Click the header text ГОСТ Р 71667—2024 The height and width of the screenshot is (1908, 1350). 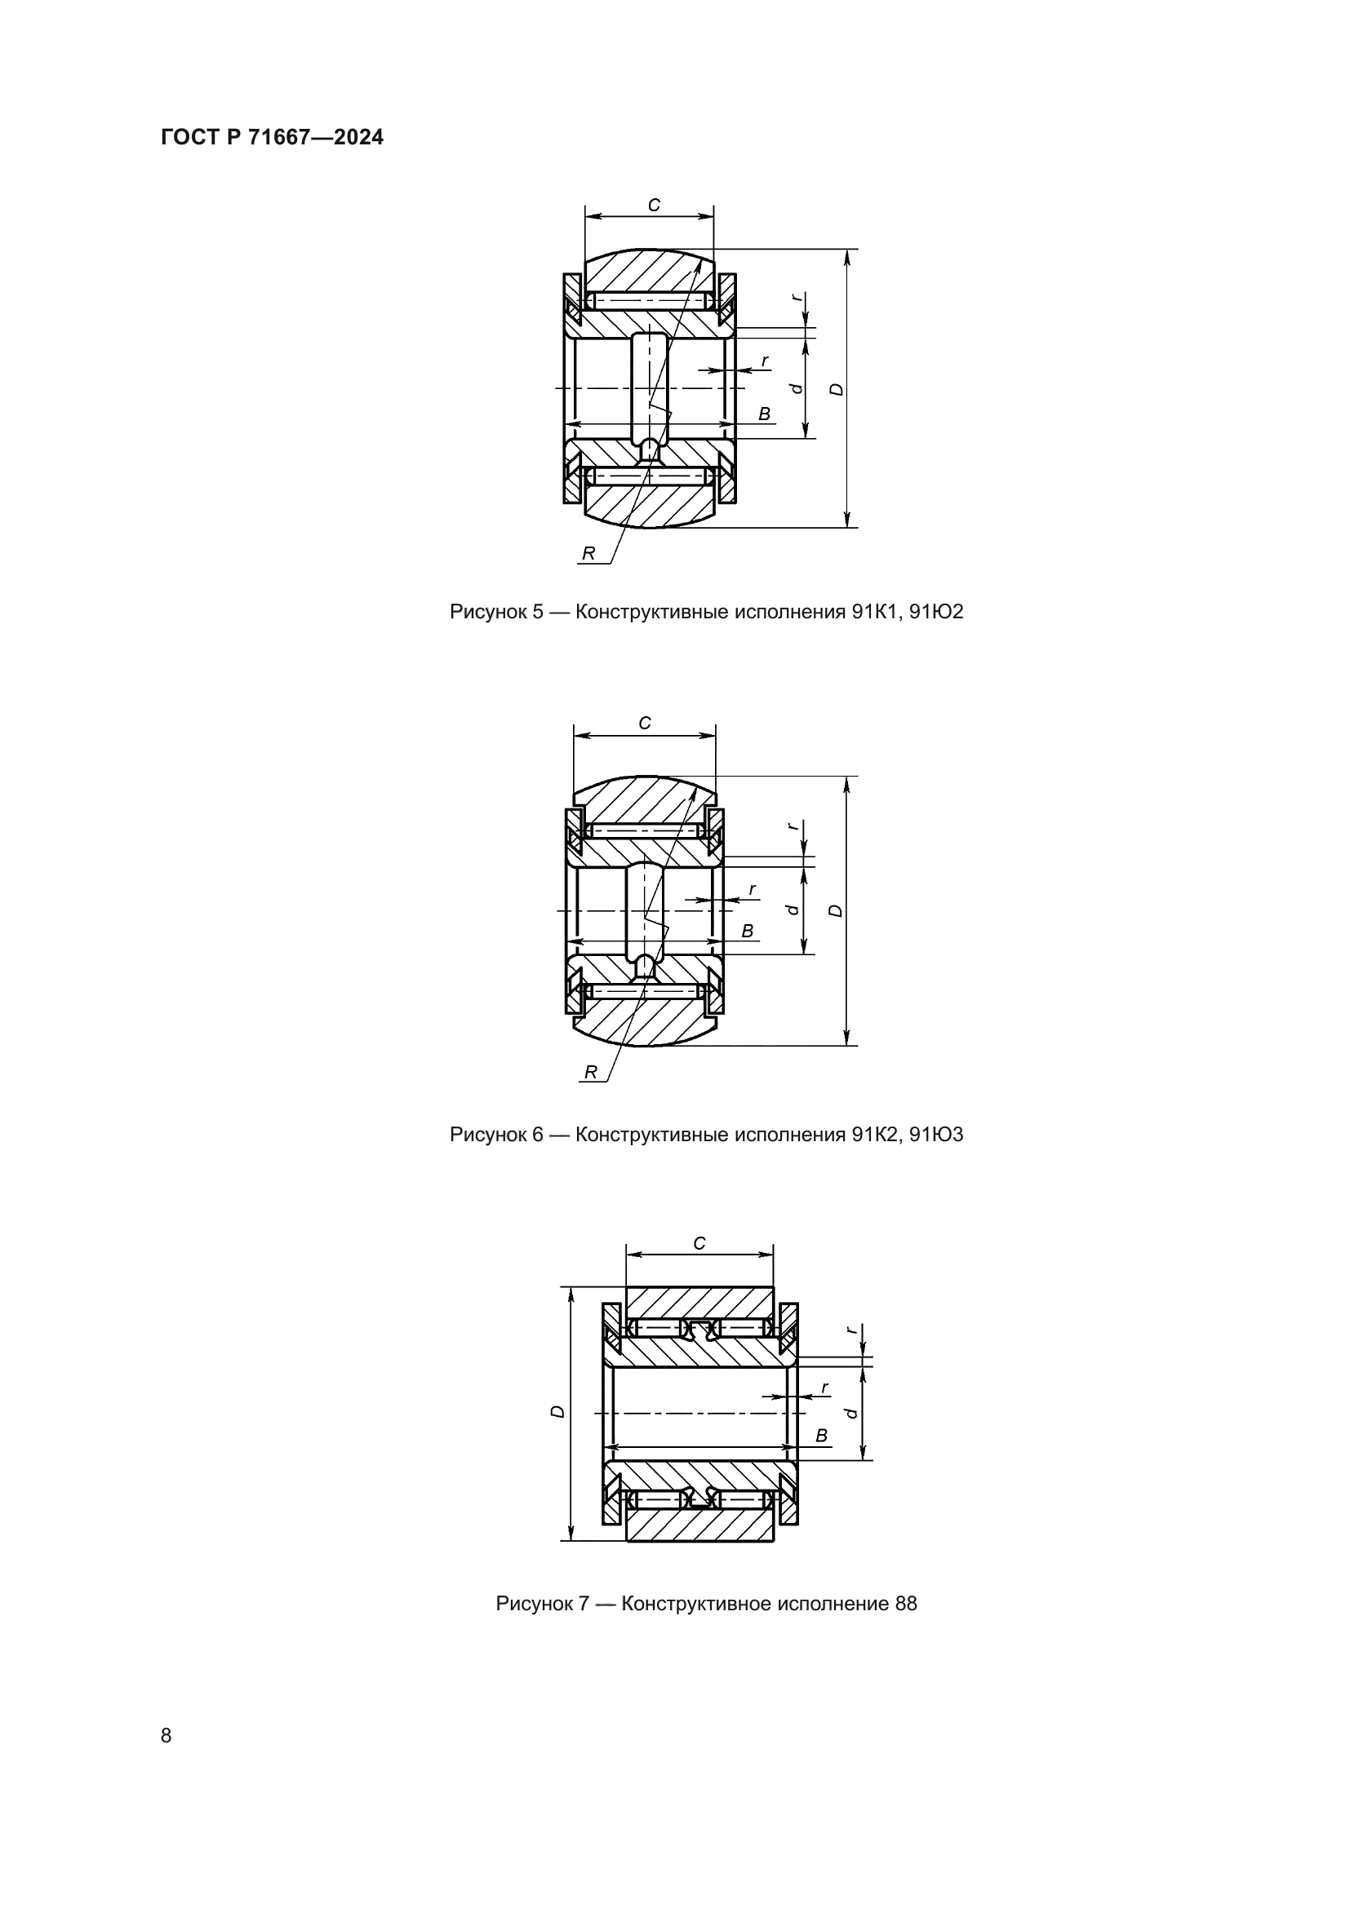point(272,138)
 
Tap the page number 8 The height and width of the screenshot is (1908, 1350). point(167,1735)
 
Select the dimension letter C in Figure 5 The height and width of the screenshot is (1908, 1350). point(655,206)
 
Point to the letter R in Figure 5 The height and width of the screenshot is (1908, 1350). point(588,553)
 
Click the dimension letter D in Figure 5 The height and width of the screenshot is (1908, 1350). point(837,389)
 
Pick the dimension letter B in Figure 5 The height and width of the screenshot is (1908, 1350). point(764,414)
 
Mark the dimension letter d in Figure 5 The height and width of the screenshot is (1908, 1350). point(797,388)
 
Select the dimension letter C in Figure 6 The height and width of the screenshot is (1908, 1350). point(645,724)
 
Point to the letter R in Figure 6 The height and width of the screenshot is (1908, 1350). point(590,1073)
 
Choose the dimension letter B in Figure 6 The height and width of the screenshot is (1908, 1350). point(748,932)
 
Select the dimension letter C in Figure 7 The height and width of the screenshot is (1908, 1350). point(699,1244)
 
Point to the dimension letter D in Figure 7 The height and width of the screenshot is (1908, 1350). point(558,1412)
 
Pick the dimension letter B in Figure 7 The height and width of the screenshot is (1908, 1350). point(821,1436)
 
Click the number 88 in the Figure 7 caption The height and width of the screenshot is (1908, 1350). point(905,1604)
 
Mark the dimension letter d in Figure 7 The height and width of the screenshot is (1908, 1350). point(850,1412)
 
